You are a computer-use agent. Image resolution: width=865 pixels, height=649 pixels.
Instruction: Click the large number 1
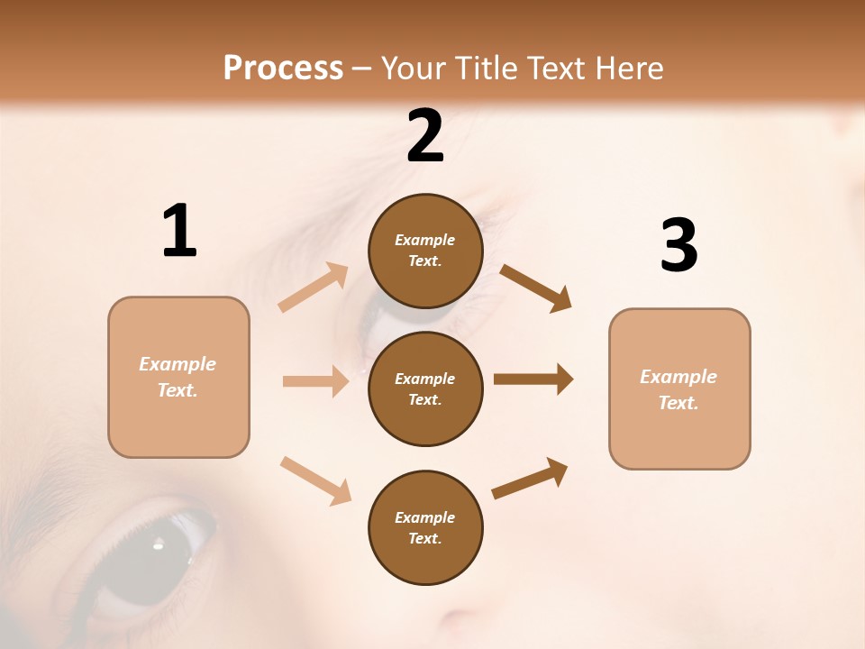tap(179, 232)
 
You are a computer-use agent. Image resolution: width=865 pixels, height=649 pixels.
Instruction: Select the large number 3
tap(678, 246)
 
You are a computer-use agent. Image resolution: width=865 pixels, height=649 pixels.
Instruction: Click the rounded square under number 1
tap(178, 377)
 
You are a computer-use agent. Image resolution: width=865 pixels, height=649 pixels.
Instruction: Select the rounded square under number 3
tap(679, 388)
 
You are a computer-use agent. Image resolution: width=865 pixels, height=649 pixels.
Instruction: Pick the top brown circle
tap(425, 251)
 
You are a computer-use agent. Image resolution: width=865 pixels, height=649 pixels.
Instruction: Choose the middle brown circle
tap(425, 388)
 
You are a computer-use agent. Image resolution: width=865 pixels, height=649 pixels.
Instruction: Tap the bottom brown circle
tap(425, 527)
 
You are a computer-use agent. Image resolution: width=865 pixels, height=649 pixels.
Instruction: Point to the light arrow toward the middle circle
tap(315, 381)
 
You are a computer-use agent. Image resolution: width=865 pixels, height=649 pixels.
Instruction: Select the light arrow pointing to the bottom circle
tap(315, 480)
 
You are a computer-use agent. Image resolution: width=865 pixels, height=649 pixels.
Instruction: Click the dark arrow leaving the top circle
tap(535, 288)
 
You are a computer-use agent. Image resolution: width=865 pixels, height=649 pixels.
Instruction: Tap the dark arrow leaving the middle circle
tap(533, 379)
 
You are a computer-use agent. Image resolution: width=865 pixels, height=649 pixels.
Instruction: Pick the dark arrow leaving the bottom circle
tap(530, 478)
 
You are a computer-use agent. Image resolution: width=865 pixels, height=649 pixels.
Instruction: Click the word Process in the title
tap(283, 68)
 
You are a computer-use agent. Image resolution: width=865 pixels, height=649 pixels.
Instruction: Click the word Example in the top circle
tap(425, 240)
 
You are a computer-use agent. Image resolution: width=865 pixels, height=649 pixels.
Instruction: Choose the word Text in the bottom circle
tap(423, 538)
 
